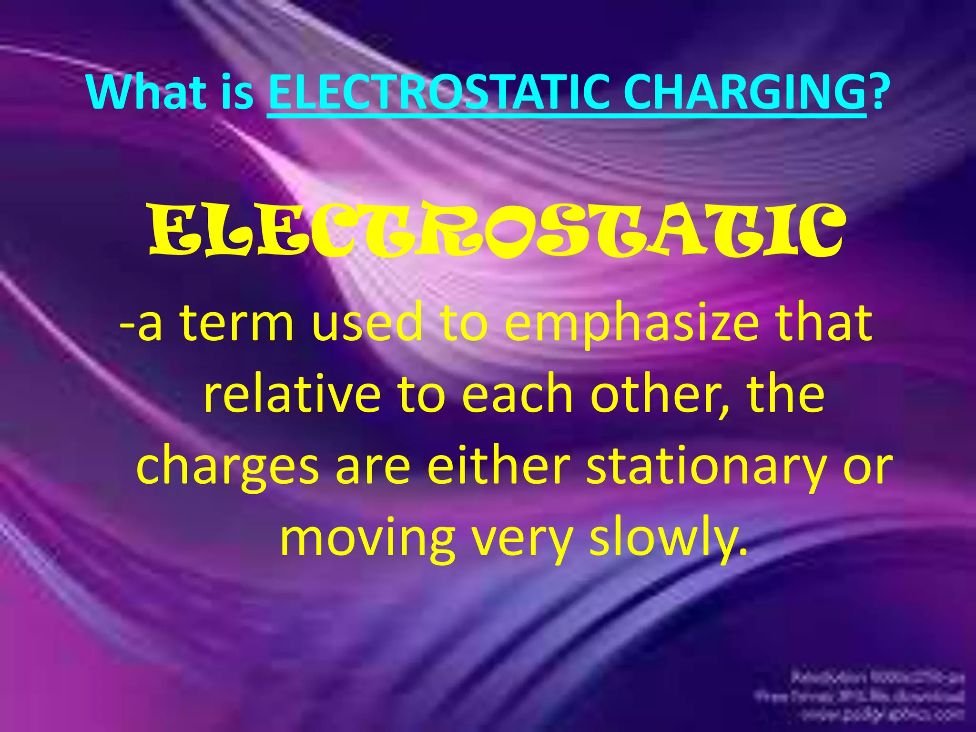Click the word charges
[227, 468]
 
